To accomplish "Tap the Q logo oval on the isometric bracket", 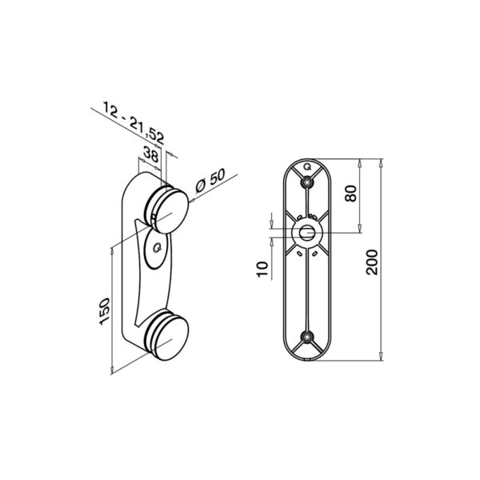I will click(x=155, y=248).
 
